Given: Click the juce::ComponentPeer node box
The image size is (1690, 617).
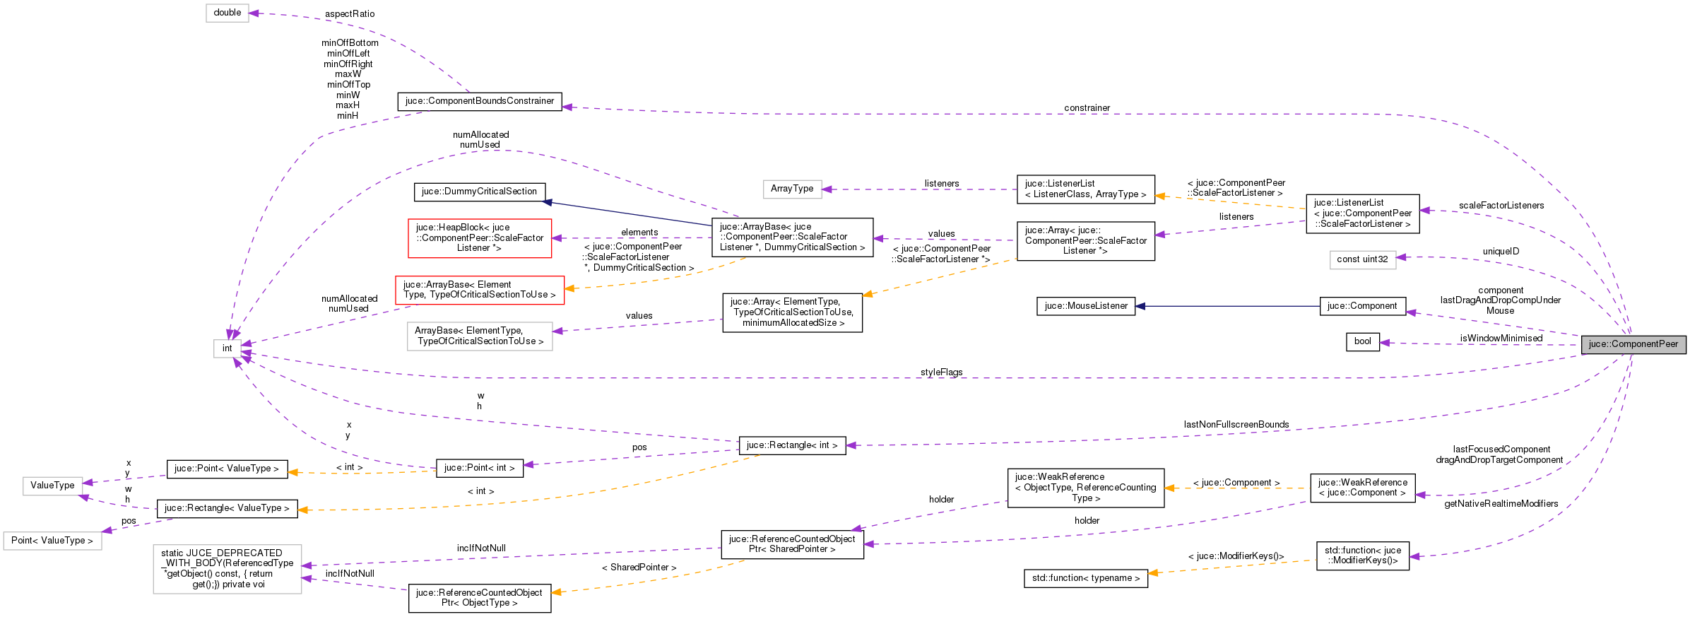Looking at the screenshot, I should coord(1633,344).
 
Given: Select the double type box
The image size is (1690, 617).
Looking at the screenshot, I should coord(227,13).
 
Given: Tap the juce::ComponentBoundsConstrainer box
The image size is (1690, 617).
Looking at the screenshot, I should coord(480,101).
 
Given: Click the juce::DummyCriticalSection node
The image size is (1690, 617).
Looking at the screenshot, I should coord(479,192).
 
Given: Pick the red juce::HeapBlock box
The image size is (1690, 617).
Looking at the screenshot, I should coord(479,237).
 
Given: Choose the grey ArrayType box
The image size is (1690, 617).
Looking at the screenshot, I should coord(791,189).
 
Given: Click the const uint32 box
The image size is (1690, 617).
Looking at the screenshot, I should coord(1361,259).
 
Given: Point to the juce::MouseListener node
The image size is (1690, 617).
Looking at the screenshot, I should coord(1085,306).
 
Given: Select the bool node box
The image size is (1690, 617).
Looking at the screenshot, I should coord(1362,341).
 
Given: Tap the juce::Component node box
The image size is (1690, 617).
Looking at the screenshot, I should coord(1361,306).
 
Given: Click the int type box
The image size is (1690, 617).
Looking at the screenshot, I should coord(227,348).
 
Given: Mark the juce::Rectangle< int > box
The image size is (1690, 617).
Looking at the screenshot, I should coord(791,445).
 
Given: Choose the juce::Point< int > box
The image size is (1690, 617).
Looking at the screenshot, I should coord(479,468).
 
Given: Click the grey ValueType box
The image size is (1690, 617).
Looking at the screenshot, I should coord(52,486).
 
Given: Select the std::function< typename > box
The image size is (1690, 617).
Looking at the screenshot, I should coord(1085,578).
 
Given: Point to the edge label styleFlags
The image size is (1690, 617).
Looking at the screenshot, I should coord(941,372).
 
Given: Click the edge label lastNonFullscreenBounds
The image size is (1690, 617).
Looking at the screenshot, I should coord(1236,425).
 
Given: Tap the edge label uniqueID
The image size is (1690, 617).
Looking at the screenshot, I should coord(1500,252).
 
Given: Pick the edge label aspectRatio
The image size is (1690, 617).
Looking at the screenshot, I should coord(350,14).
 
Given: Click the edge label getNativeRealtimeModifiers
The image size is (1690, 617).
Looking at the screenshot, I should coord(1501,504).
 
